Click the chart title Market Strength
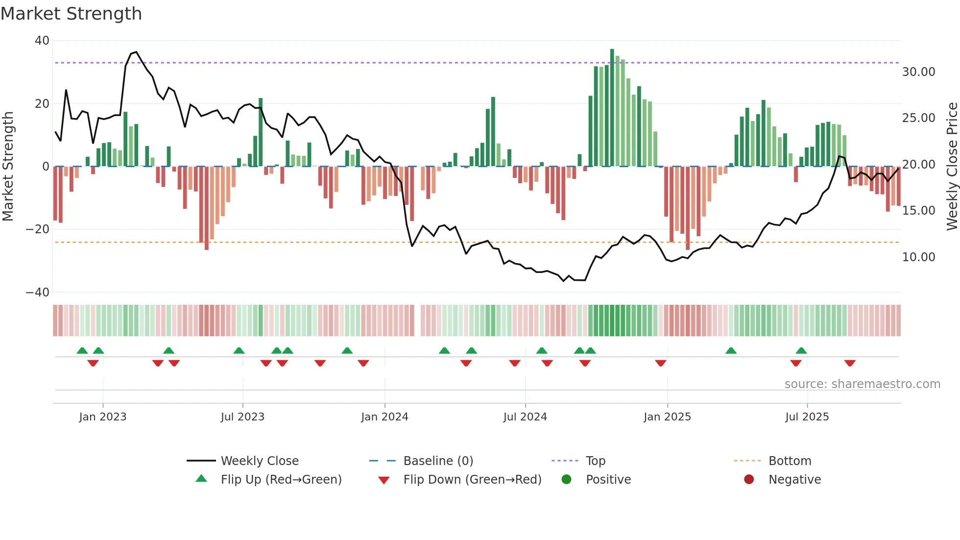pyautogui.click(x=72, y=14)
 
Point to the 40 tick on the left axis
pyautogui.click(x=42, y=41)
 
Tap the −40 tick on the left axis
pyautogui.click(x=38, y=293)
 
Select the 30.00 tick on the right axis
pyautogui.click(x=918, y=72)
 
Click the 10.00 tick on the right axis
pyautogui.click(x=918, y=257)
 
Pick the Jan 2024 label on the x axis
pyautogui.click(x=384, y=417)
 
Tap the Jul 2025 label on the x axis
pyautogui.click(x=807, y=417)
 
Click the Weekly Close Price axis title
pyautogui.click(x=952, y=167)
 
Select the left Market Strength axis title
pyautogui.click(x=8, y=167)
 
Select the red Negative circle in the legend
pyautogui.click(x=749, y=479)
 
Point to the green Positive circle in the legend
pyautogui.click(x=566, y=479)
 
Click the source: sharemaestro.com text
pyautogui.click(x=862, y=384)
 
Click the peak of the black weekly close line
pyautogui.click(x=136, y=52)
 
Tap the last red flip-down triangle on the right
pyautogui.click(x=850, y=363)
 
